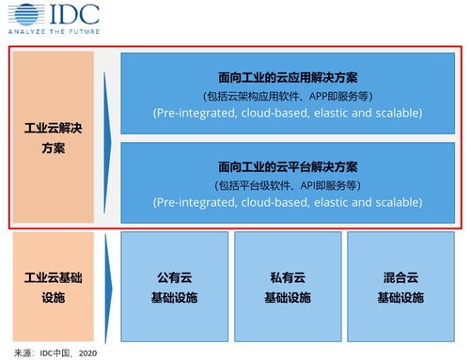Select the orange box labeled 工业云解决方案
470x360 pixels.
pyautogui.click(x=53, y=137)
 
